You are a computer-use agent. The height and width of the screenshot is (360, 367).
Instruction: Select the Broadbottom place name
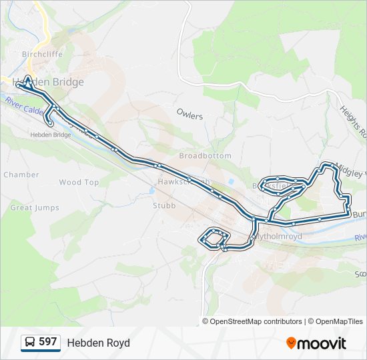coord(205,155)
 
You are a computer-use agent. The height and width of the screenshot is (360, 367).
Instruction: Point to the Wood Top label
coord(79,182)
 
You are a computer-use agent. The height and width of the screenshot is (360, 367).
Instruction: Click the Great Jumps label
coord(31,208)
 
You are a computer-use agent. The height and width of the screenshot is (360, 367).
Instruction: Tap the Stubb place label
coord(163,206)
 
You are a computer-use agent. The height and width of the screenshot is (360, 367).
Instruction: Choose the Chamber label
coord(21,175)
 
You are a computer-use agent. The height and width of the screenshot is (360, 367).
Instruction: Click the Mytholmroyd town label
coord(280,237)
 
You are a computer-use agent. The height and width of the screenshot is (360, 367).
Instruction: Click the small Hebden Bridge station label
coord(51,135)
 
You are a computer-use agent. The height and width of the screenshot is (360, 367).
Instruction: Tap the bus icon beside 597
coord(30,343)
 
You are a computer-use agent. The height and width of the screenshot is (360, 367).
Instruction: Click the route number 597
coord(47,342)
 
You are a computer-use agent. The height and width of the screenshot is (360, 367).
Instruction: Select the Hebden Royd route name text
coord(98,343)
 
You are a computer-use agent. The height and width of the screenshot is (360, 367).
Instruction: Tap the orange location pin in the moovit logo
coord(291,343)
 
